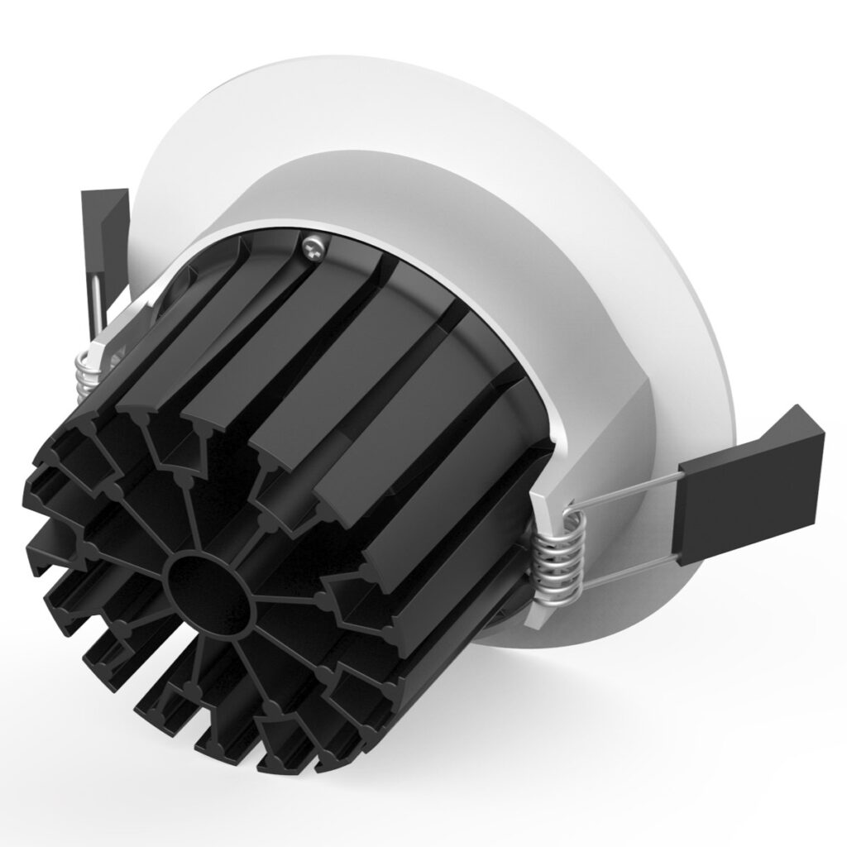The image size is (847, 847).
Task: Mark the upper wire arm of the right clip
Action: pyautogui.click(x=629, y=494)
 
